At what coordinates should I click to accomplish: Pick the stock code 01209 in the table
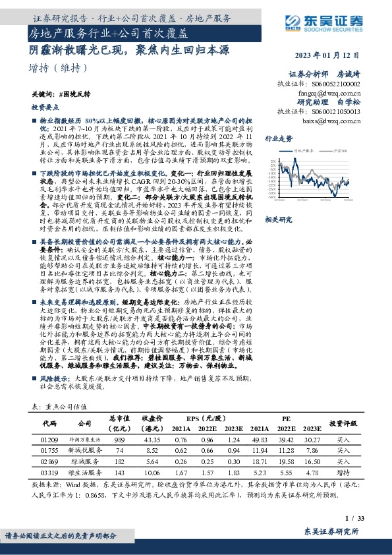click(51, 439)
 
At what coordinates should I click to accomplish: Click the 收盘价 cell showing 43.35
click(152, 439)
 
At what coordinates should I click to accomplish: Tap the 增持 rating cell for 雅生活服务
click(343, 474)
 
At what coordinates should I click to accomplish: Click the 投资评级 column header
click(343, 423)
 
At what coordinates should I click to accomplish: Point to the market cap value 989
click(119, 439)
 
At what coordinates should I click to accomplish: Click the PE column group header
click(286, 418)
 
